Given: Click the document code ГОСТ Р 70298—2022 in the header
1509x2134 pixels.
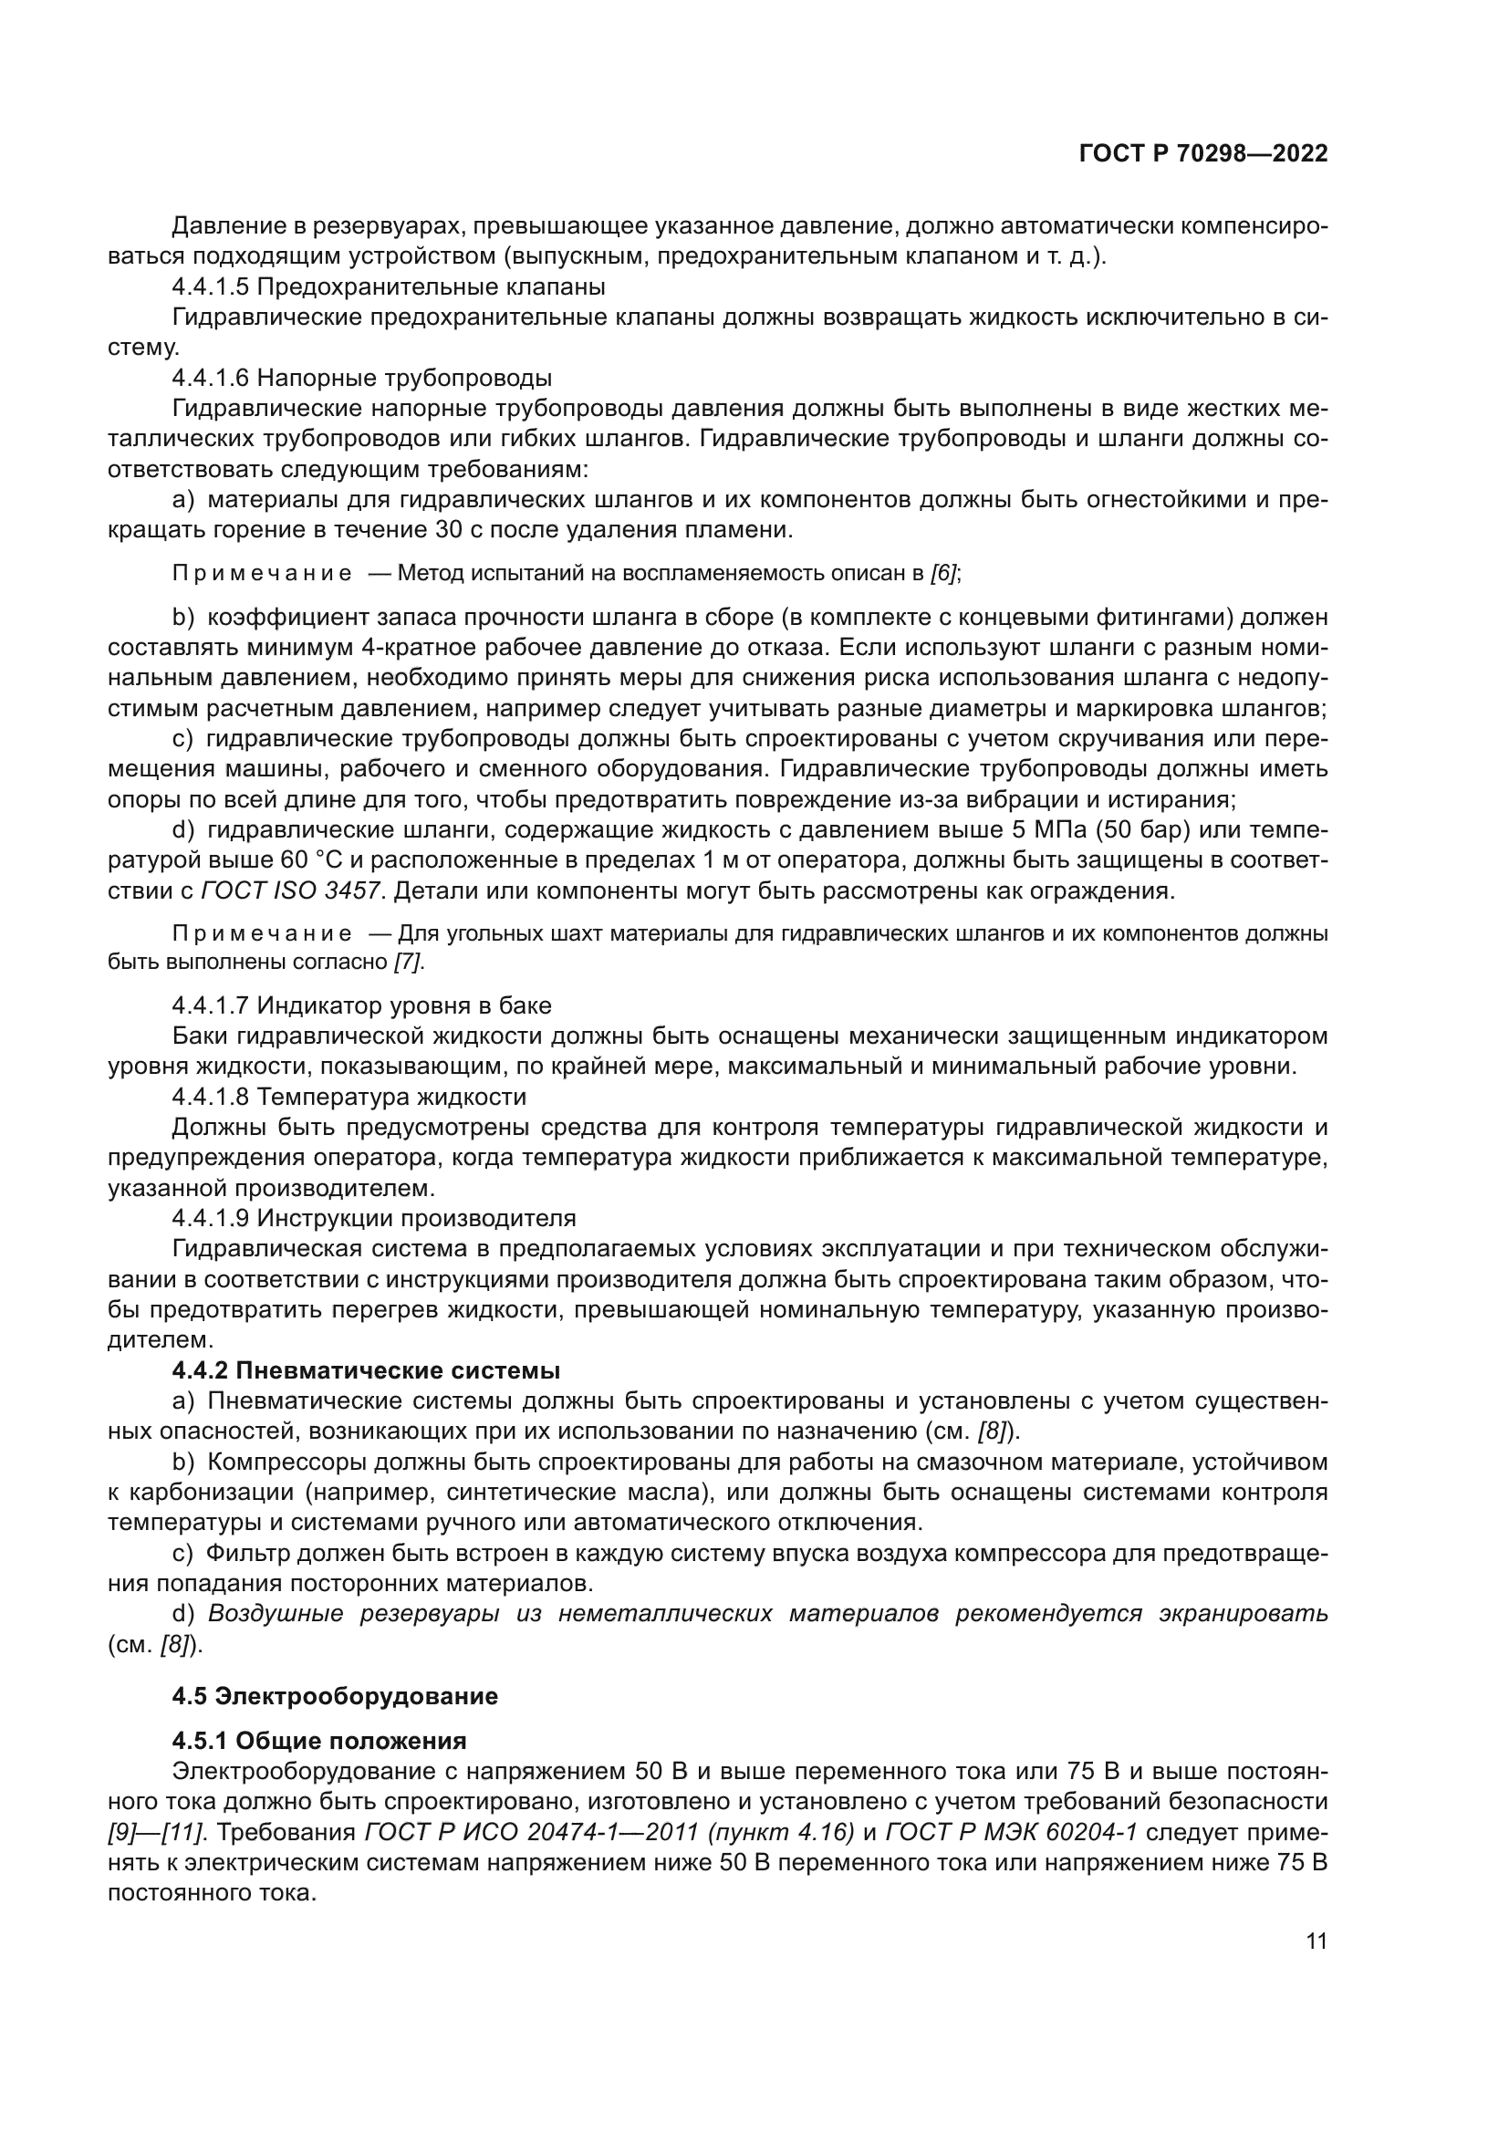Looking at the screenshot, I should point(1202,154).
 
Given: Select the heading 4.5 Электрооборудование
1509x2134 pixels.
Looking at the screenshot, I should point(335,1696).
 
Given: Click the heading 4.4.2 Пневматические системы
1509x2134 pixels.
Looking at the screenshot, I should point(366,1371).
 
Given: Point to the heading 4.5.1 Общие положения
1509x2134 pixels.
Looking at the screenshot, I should point(318,1741).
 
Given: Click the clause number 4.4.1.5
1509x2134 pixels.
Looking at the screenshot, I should point(211,286).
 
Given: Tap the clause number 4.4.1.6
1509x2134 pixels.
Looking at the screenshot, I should point(211,379).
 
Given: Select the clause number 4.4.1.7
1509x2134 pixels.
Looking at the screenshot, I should point(211,1005).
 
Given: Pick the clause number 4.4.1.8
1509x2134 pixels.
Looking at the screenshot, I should point(211,1097).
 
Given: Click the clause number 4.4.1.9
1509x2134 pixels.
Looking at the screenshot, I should point(211,1219).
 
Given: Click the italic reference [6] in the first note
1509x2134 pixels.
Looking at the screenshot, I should point(944,574).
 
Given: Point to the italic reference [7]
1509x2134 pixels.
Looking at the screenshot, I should point(408,962).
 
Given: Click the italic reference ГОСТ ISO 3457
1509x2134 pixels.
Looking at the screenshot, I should point(291,890).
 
